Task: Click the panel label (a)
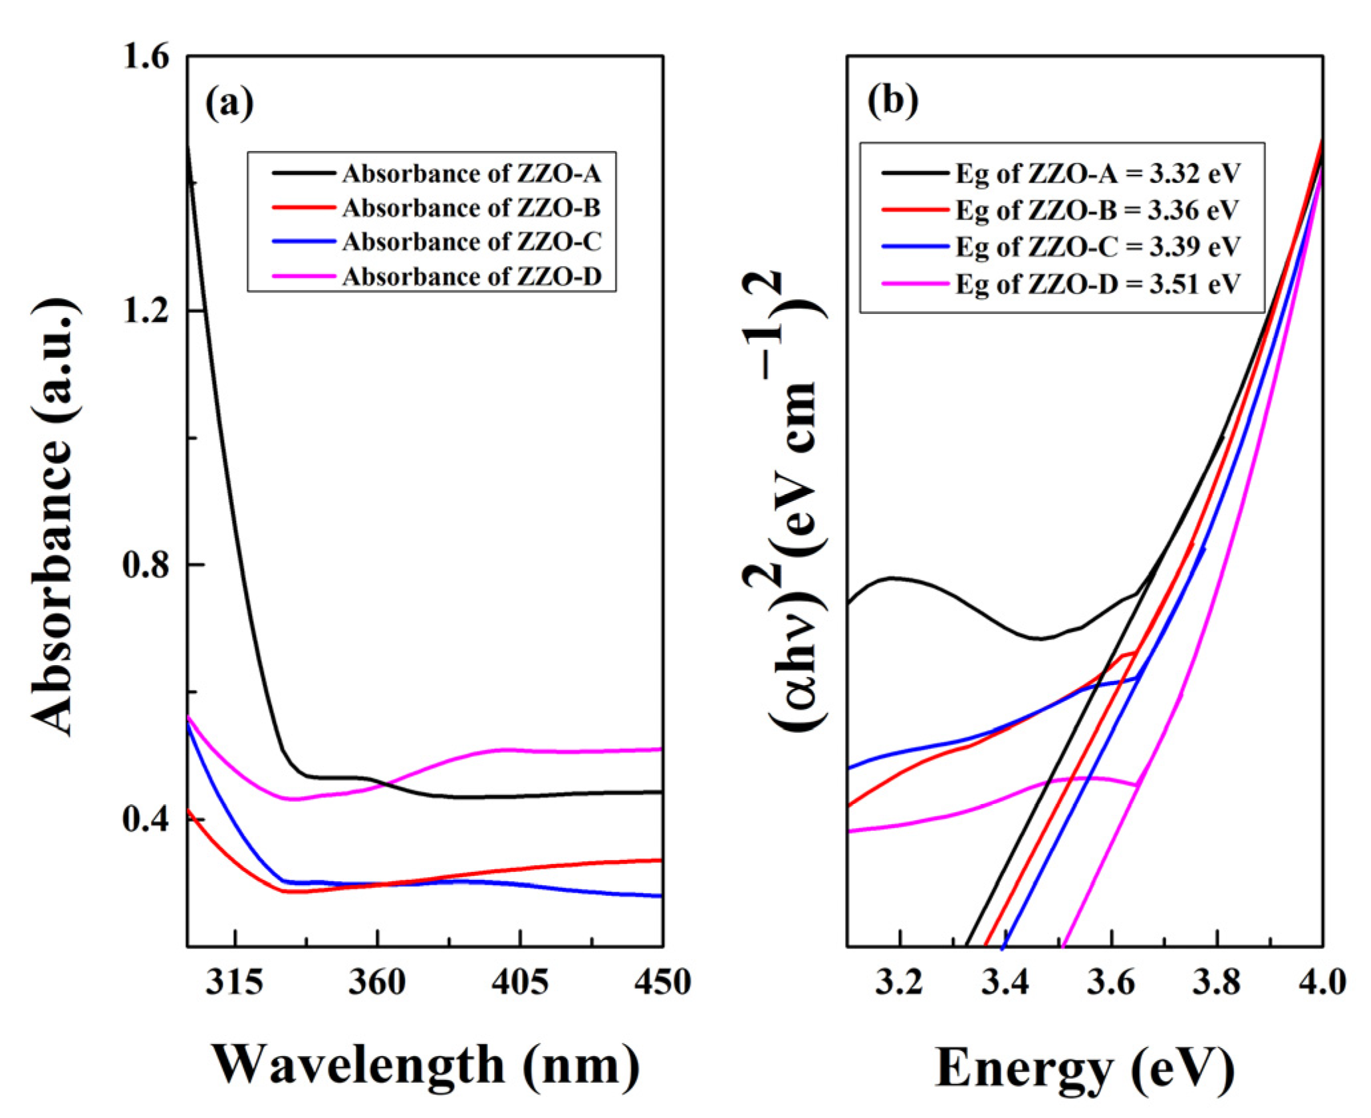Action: (229, 104)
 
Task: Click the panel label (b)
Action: (892, 101)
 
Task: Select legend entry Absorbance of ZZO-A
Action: (471, 174)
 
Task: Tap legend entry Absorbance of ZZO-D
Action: (471, 277)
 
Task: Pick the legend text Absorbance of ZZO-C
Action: (471, 243)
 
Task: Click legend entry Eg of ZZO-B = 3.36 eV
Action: (1097, 211)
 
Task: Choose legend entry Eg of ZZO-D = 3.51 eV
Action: (1098, 285)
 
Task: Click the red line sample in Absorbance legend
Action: (303, 209)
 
